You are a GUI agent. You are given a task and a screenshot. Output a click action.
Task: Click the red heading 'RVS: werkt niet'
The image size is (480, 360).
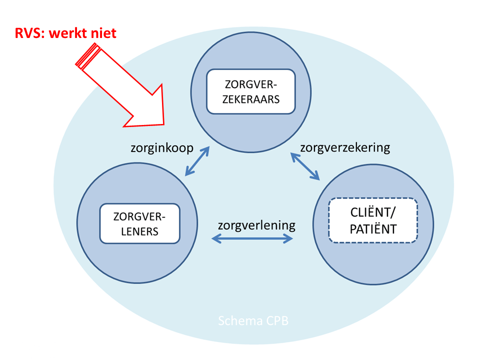pyautogui.click(x=65, y=34)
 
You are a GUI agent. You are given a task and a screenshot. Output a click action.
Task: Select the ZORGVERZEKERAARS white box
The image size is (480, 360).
pyautogui.click(x=251, y=91)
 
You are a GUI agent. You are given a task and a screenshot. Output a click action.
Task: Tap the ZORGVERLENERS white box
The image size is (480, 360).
pyautogui.click(x=139, y=223)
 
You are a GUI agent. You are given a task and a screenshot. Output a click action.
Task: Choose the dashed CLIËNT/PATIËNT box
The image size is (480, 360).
pyautogui.click(x=372, y=220)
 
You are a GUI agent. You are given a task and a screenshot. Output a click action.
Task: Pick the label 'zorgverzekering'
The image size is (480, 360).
pyautogui.click(x=344, y=147)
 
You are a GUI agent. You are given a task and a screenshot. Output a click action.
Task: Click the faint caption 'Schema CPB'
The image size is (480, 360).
pyautogui.click(x=253, y=320)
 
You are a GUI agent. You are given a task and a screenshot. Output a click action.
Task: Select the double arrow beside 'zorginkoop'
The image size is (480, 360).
pyautogui.click(x=197, y=161)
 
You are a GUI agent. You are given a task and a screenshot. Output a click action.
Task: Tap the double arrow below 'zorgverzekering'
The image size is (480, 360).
pyautogui.click(x=305, y=167)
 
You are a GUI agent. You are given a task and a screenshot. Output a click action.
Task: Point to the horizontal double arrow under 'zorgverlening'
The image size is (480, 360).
pyautogui.click(x=252, y=239)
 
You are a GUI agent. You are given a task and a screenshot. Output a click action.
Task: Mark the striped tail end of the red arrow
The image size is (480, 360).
pyautogui.click(x=86, y=54)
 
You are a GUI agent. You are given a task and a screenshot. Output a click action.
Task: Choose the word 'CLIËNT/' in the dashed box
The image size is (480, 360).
pyautogui.click(x=372, y=213)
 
